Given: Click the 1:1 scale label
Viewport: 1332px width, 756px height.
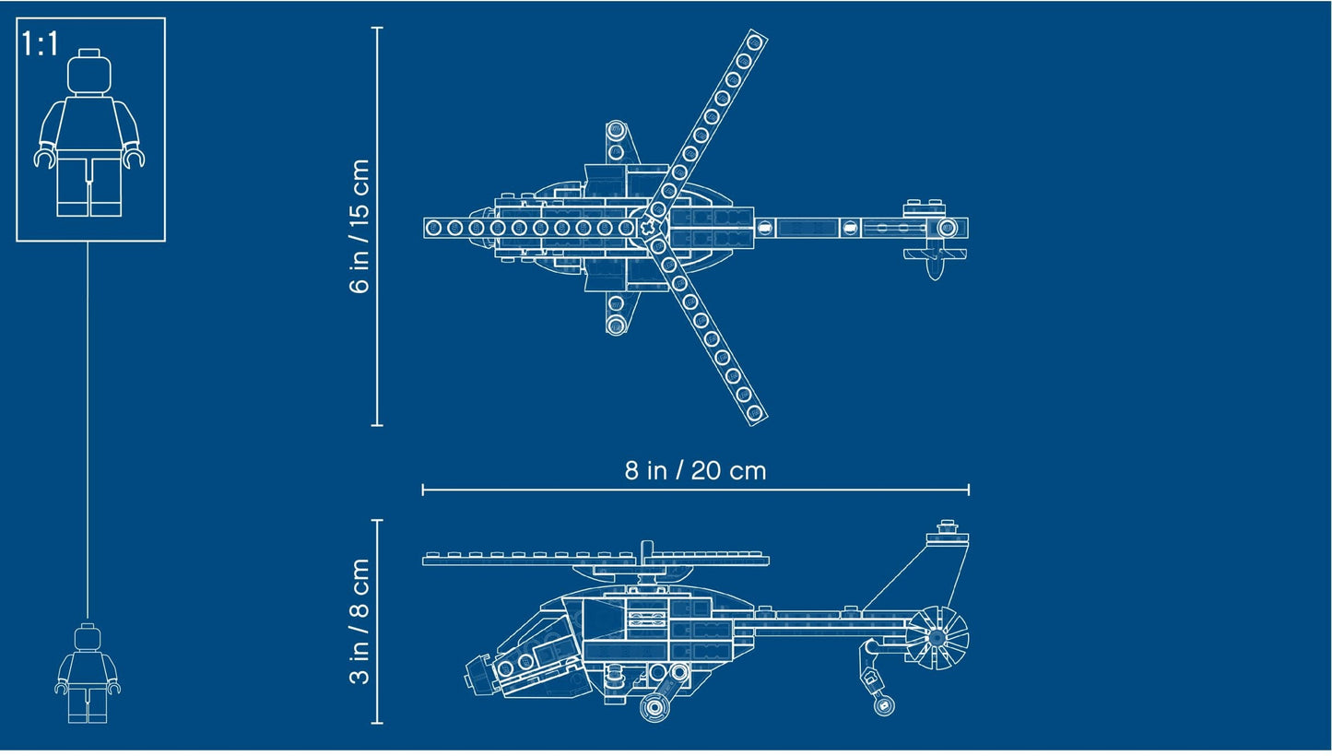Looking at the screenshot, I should pos(40,43).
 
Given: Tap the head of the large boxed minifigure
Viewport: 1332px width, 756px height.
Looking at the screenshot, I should pos(90,71).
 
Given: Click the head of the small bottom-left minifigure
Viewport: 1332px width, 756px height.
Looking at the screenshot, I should pos(88,637).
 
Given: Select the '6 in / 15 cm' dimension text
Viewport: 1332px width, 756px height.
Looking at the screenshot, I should pos(360,226).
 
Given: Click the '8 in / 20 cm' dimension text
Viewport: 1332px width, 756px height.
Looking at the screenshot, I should pos(695,470).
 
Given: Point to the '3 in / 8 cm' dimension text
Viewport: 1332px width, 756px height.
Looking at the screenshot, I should pos(360,621).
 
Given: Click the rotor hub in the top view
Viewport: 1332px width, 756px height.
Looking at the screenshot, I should pos(654,228).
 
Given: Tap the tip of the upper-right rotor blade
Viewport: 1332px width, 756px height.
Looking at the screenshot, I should pos(755,41).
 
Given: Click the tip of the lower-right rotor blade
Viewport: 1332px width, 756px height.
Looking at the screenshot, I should pos(755,413).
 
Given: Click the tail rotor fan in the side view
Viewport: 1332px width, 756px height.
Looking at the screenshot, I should pos(937,636).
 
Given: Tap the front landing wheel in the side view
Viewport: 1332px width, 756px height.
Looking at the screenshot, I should pos(655,707).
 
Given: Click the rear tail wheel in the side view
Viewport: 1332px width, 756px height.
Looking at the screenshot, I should pos(884,706).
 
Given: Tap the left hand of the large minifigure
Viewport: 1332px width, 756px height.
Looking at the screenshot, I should pos(44,158).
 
